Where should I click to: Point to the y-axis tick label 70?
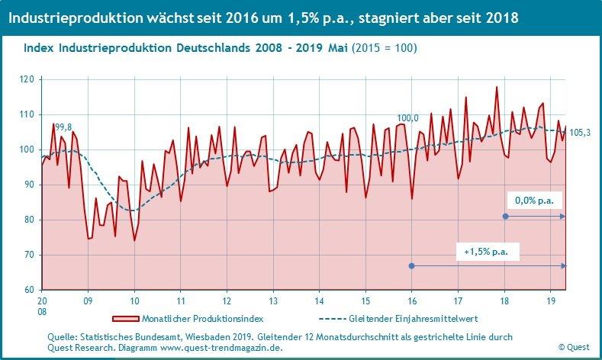click(28, 255)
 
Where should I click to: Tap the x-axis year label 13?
click(272, 301)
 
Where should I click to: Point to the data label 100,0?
click(407, 118)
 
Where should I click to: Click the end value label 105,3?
click(580, 133)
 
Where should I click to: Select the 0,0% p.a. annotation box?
click(535, 201)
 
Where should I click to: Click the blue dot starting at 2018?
click(505, 217)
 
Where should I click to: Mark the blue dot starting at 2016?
click(412, 265)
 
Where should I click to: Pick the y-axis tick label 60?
click(28, 290)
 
